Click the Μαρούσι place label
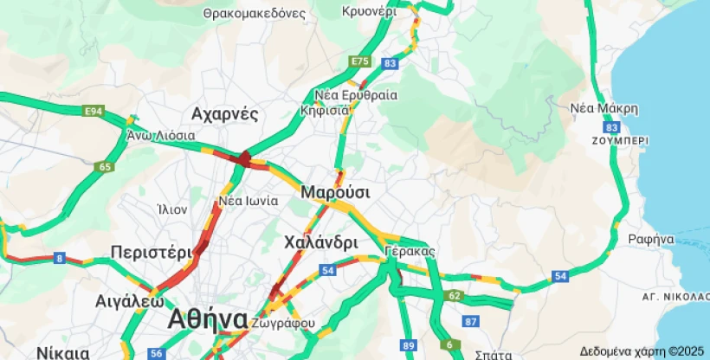click(335, 191)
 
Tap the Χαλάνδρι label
click(320, 242)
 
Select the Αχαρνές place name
click(225, 114)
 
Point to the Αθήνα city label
click(208, 318)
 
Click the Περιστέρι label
click(151, 252)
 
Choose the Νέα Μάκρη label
click(604, 109)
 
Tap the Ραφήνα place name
click(651, 239)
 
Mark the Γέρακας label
click(410, 251)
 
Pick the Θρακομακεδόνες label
click(255, 14)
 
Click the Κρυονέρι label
click(369, 12)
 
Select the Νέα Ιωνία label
click(248, 201)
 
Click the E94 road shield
click(94, 111)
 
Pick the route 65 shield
click(106, 167)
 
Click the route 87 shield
click(471, 322)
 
